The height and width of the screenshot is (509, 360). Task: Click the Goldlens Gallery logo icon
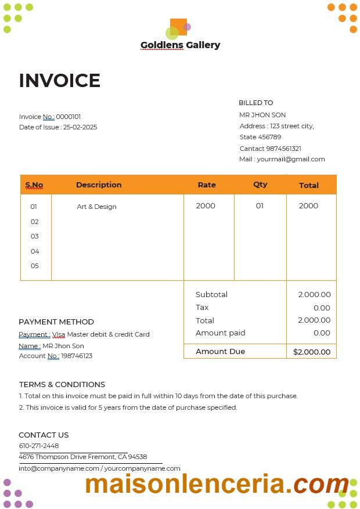point(178,28)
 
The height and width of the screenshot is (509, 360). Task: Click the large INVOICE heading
point(60,81)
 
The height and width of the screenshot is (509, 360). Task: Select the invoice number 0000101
point(69,117)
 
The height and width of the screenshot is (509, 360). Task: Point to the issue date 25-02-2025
point(80,127)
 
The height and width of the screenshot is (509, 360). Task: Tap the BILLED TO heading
point(255,103)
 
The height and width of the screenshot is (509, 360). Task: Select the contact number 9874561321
point(283,149)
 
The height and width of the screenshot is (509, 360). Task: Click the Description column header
point(99,185)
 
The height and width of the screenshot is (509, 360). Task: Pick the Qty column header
point(260,185)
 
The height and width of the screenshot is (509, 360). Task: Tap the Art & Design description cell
point(96,207)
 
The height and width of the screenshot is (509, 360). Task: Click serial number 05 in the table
point(35,266)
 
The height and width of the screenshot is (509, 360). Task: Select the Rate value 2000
point(206,206)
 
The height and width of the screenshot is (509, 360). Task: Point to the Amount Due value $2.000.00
point(312,352)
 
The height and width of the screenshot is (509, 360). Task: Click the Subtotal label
point(211,294)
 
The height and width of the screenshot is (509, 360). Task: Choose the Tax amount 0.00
point(322,308)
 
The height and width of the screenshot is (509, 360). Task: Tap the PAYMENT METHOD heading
point(56,322)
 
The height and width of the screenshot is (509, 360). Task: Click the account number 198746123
point(77,356)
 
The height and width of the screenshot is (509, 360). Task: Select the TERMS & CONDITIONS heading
point(62,384)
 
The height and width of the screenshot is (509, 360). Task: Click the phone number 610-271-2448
point(39,446)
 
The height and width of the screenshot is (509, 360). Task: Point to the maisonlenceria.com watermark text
point(217,484)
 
